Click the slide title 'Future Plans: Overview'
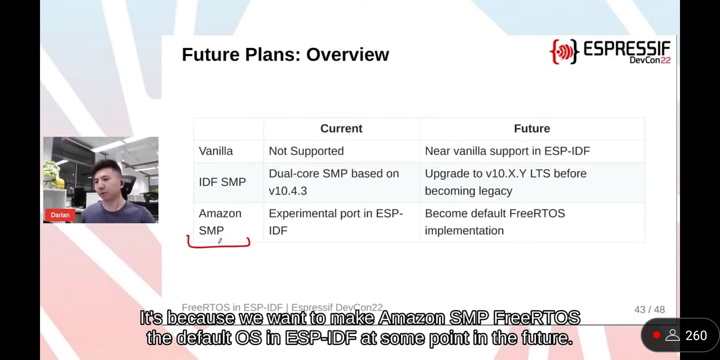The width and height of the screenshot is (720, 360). point(285,54)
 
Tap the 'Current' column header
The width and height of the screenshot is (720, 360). point(341,129)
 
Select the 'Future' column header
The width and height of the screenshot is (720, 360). point(532,129)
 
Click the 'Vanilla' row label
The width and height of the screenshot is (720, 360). point(216,151)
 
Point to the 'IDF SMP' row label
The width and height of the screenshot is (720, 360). point(222,182)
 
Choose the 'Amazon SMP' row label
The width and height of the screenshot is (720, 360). point(220,222)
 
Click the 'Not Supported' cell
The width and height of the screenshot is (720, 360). point(306,151)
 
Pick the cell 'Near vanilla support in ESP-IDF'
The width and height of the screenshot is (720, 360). point(507,151)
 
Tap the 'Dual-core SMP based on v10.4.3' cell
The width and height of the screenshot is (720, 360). point(334,182)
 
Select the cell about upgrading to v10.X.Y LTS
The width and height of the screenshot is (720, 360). point(506,182)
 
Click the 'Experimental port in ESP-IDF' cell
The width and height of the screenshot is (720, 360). point(336,222)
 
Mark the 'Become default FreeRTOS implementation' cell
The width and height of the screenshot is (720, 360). point(495,222)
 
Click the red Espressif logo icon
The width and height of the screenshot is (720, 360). point(564,51)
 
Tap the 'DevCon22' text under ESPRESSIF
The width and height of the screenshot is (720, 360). point(650,60)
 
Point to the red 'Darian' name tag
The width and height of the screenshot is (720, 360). point(60,215)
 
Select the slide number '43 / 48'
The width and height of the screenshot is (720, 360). point(649,310)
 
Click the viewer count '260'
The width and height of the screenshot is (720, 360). point(696,335)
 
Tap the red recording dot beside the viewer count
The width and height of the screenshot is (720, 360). point(657,335)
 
